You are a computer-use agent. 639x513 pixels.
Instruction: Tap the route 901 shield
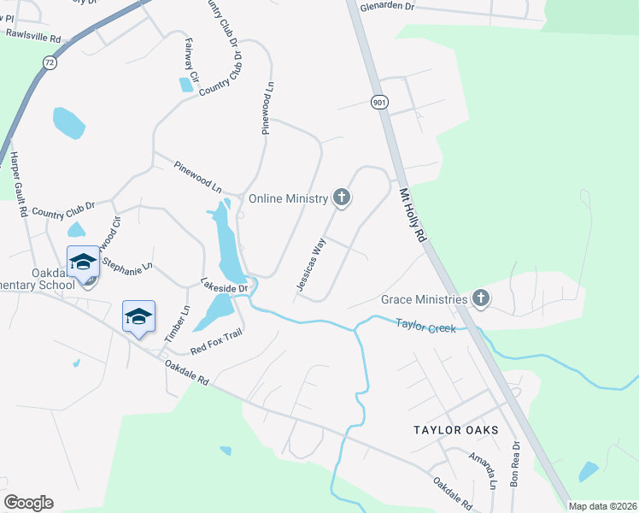pos(379,103)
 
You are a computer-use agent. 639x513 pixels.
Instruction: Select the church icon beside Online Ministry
pos(342,198)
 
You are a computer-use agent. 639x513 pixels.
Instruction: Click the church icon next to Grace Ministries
pos(481,299)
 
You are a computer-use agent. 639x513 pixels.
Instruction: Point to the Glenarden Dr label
pos(387,6)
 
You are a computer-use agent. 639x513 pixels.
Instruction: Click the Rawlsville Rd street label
pos(33,38)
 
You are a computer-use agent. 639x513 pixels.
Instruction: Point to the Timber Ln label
pos(180,326)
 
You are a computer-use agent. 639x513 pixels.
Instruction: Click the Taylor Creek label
pos(425,324)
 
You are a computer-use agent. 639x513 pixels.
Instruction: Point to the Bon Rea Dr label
pos(515,464)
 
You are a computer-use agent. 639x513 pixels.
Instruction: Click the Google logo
pos(28,503)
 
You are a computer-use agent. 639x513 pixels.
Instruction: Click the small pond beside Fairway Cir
pos(185,85)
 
